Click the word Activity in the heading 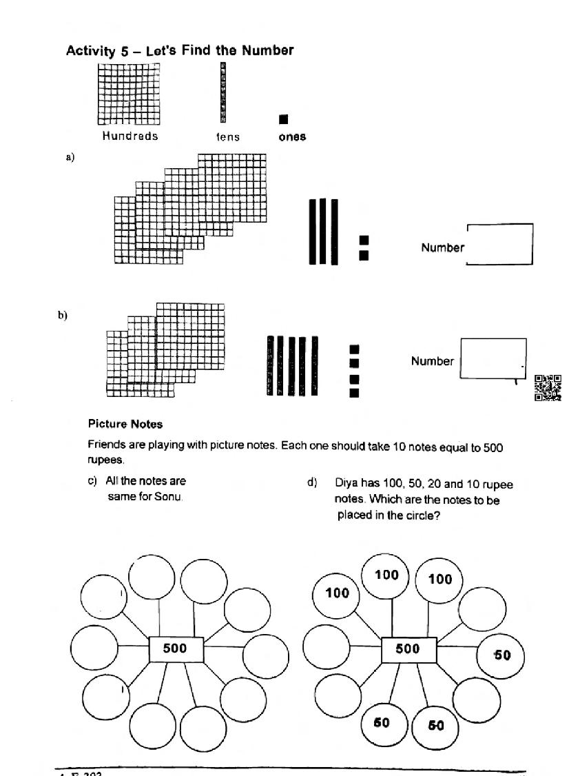click(90, 50)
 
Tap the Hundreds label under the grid click(130, 136)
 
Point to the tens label click(227, 136)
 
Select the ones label click(292, 136)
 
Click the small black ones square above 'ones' click(284, 119)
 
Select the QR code click(548, 387)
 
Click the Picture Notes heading click(125, 424)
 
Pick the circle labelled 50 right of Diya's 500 click(500, 655)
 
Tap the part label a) click(70, 157)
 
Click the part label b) click(63, 315)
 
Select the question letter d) click(312, 482)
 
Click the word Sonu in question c click(168, 496)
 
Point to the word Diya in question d click(346, 483)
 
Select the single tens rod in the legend click(223, 92)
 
